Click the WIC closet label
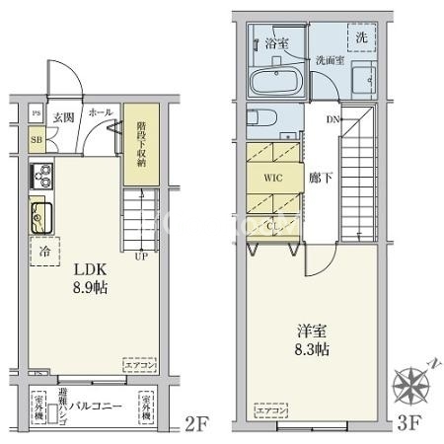click(273, 180)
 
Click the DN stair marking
click(333, 119)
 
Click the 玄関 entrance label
click(61, 116)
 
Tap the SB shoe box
click(36, 140)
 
